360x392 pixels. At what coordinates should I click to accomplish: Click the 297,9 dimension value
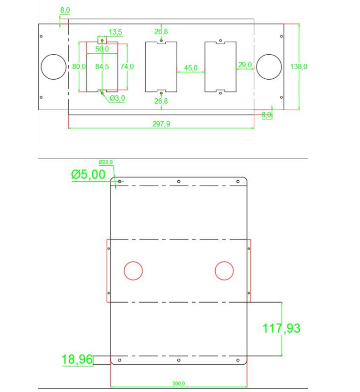click(162, 123)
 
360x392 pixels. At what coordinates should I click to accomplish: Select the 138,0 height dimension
click(299, 66)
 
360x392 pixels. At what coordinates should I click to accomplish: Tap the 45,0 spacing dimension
click(190, 68)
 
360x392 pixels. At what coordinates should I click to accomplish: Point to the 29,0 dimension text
click(245, 65)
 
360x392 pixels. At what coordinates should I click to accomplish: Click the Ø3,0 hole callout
click(117, 98)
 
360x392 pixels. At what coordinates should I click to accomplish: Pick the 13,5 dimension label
click(115, 32)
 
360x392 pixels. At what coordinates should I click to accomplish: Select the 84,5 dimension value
click(102, 66)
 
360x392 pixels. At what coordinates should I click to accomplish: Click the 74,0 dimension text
click(127, 66)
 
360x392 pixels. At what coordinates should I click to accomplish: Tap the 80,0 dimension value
click(79, 66)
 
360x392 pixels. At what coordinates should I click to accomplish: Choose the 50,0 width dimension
click(102, 49)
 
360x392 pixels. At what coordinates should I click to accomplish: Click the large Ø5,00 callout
click(88, 174)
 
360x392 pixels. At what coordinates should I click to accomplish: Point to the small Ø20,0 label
click(105, 162)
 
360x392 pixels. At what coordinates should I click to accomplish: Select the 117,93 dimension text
click(282, 328)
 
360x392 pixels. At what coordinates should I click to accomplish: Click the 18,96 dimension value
click(77, 360)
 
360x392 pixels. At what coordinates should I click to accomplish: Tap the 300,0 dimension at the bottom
click(178, 384)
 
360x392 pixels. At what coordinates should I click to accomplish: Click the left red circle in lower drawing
click(134, 270)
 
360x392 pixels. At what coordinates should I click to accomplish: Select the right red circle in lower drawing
click(224, 270)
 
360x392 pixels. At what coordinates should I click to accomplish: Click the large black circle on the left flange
click(53, 66)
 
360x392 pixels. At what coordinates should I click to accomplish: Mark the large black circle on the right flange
click(269, 66)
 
